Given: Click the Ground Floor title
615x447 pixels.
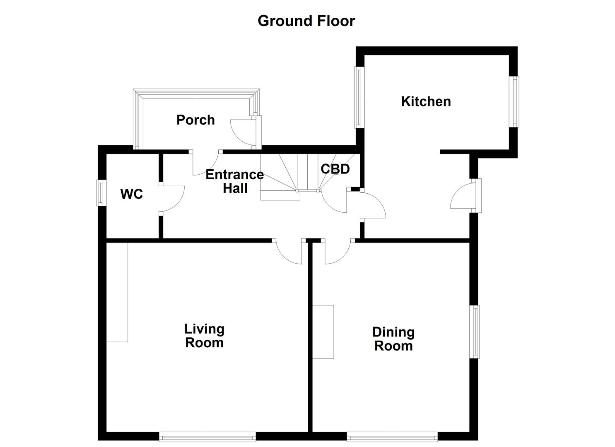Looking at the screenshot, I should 306,21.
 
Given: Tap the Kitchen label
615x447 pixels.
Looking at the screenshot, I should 426,101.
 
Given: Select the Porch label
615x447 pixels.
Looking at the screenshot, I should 195,120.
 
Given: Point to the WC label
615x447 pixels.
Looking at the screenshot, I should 132,194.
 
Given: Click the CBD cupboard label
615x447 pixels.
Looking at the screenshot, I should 335,169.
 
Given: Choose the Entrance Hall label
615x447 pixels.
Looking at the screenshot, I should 235,181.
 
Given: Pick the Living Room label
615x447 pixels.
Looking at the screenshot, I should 204,336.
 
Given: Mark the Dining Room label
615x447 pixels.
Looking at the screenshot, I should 393,339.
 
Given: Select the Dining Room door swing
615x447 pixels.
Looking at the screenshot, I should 337,252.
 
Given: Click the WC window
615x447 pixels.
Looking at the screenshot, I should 99,192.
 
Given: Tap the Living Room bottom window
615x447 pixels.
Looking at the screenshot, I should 207,436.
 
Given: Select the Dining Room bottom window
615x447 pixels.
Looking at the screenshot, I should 392,436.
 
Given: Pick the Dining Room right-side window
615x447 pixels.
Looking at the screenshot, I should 476,332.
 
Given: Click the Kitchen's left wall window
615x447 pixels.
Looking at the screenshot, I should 359,97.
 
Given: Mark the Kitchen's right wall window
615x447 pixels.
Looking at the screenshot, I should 515,101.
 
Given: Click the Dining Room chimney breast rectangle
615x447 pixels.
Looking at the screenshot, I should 323,332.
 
